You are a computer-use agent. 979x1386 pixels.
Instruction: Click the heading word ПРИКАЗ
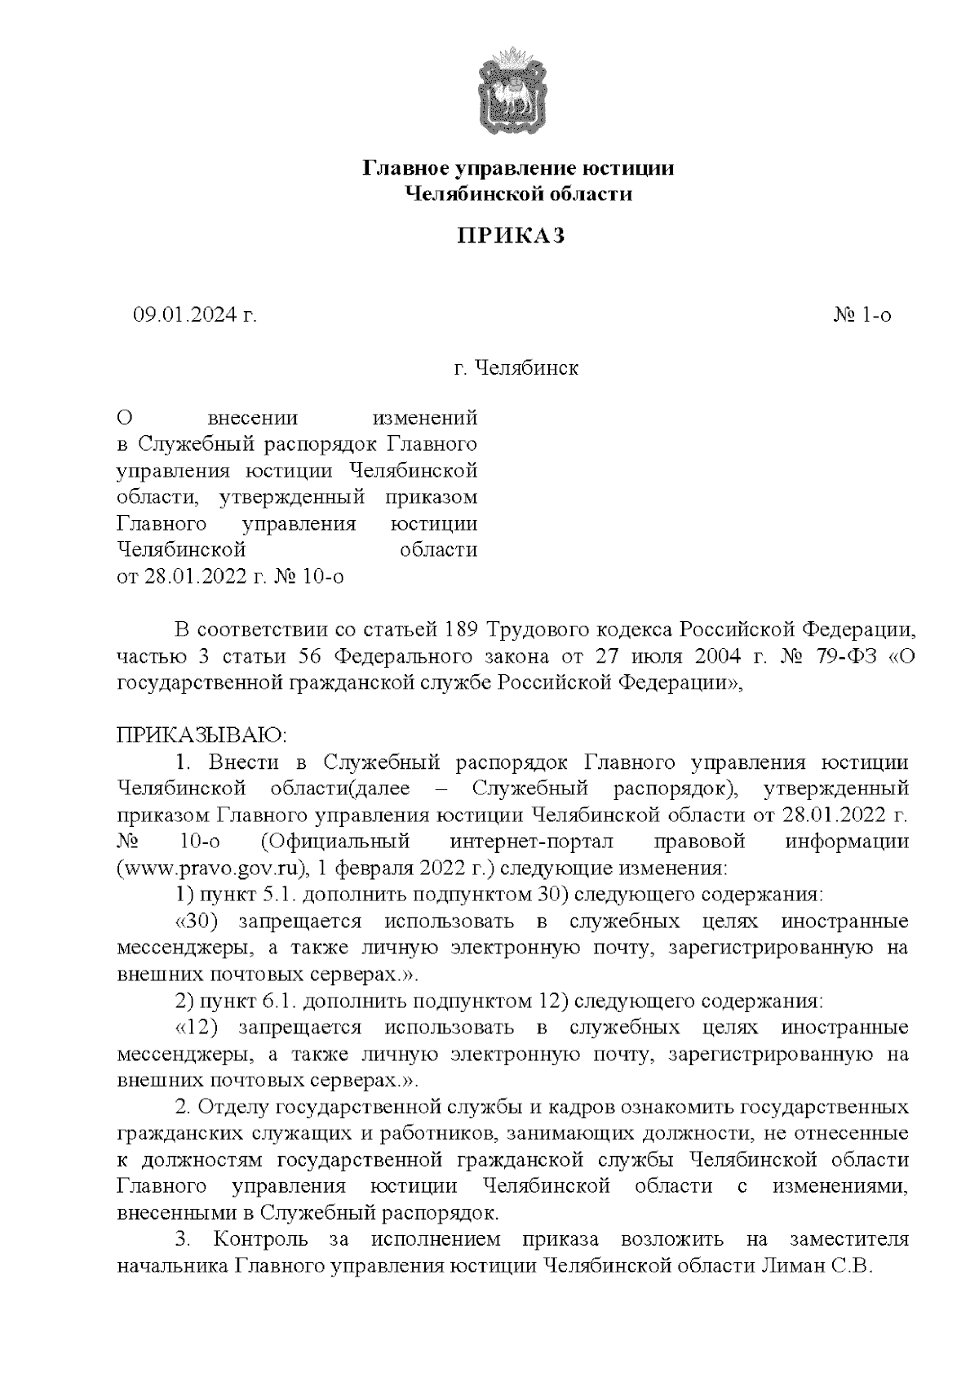pos(511,236)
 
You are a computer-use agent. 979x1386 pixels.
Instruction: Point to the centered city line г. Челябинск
pos(516,368)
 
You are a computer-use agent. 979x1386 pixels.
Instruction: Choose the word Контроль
pos(260,1239)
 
